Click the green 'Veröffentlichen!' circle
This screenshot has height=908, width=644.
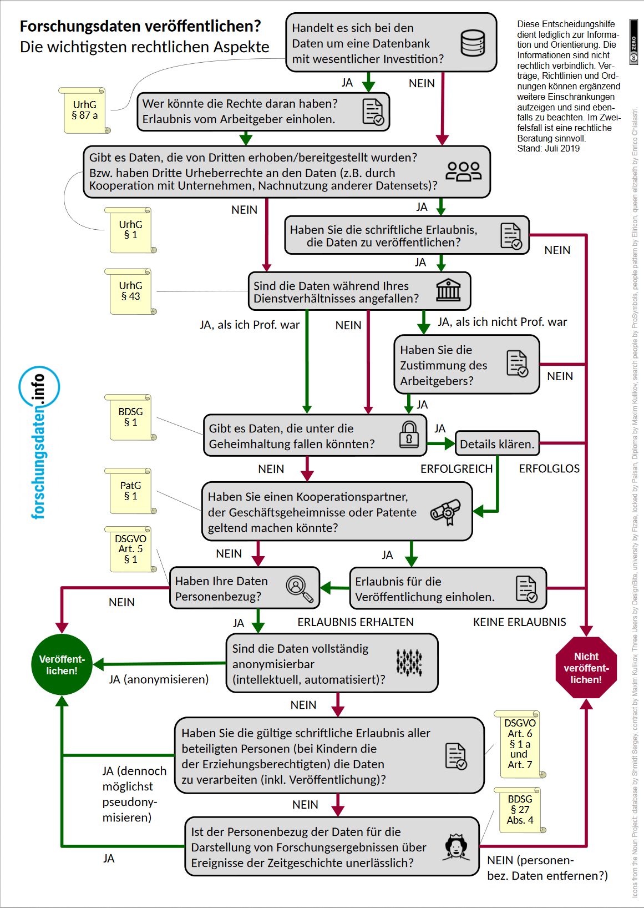click(x=62, y=664)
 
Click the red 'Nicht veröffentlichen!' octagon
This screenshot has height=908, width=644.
click(x=586, y=668)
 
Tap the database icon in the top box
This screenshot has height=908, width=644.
click(x=473, y=43)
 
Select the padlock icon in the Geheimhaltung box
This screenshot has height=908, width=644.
click(x=409, y=435)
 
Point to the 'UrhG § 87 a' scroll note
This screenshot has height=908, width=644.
click(x=84, y=110)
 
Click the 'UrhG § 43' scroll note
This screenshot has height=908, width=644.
click(x=130, y=291)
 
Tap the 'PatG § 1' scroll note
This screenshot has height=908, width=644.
click(x=130, y=491)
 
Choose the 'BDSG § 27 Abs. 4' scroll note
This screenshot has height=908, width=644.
click(x=520, y=810)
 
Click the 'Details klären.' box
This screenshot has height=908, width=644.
click(x=497, y=444)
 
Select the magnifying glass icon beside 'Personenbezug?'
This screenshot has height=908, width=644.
click(x=299, y=588)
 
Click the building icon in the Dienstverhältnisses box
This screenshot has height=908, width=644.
click(x=448, y=290)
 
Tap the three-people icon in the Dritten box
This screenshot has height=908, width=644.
click(x=464, y=171)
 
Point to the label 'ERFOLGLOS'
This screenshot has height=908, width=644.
click(x=549, y=469)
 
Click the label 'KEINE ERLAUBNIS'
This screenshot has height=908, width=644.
click(x=519, y=622)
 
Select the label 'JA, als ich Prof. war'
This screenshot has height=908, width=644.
click(x=250, y=325)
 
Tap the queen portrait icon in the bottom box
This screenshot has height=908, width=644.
click(x=456, y=847)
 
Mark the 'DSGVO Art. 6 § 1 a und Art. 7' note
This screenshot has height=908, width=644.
click(x=519, y=744)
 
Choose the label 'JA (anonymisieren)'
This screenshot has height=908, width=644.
click(x=159, y=679)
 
